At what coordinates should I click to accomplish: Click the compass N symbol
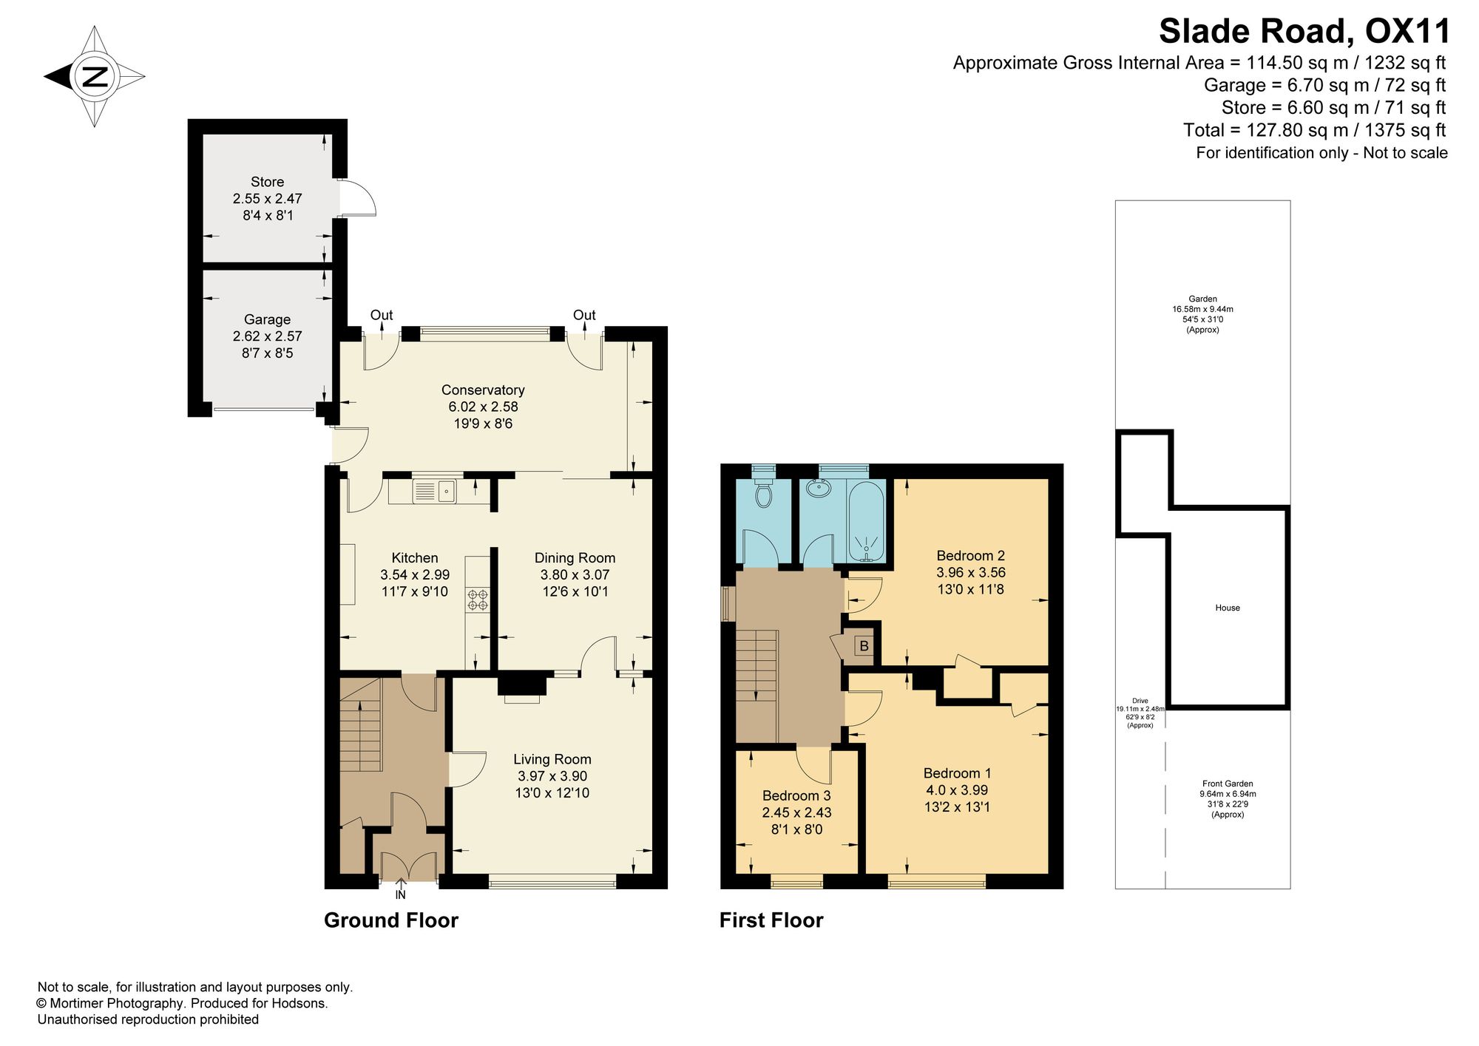(x=95, y=76)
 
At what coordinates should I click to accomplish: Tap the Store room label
(x=267, y=182)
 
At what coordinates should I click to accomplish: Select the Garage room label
(x=267, y=319)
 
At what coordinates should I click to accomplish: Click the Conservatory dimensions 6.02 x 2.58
(x=483, y=407)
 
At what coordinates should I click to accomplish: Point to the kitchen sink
(x=436, y=490)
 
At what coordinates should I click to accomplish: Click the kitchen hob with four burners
(x=478, y=599)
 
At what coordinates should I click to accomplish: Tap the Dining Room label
(x=575, y=558)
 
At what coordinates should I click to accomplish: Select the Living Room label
(x=552, y=759)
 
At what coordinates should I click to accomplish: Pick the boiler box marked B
(x=863, y=646)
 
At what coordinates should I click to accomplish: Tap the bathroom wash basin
(x=819, y=489)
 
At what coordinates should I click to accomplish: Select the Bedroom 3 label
(x=796, y=795)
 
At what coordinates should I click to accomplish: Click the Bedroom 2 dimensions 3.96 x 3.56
(x=971, y=572)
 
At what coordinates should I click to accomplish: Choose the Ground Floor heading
(x=391, y=920)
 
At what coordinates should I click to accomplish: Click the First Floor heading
(x=771, y=920)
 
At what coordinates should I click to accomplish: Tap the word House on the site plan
(x=1228, y=608)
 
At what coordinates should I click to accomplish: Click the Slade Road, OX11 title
(x=1304, y=32)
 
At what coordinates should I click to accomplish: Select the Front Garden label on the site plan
(x=1228, y=784)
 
